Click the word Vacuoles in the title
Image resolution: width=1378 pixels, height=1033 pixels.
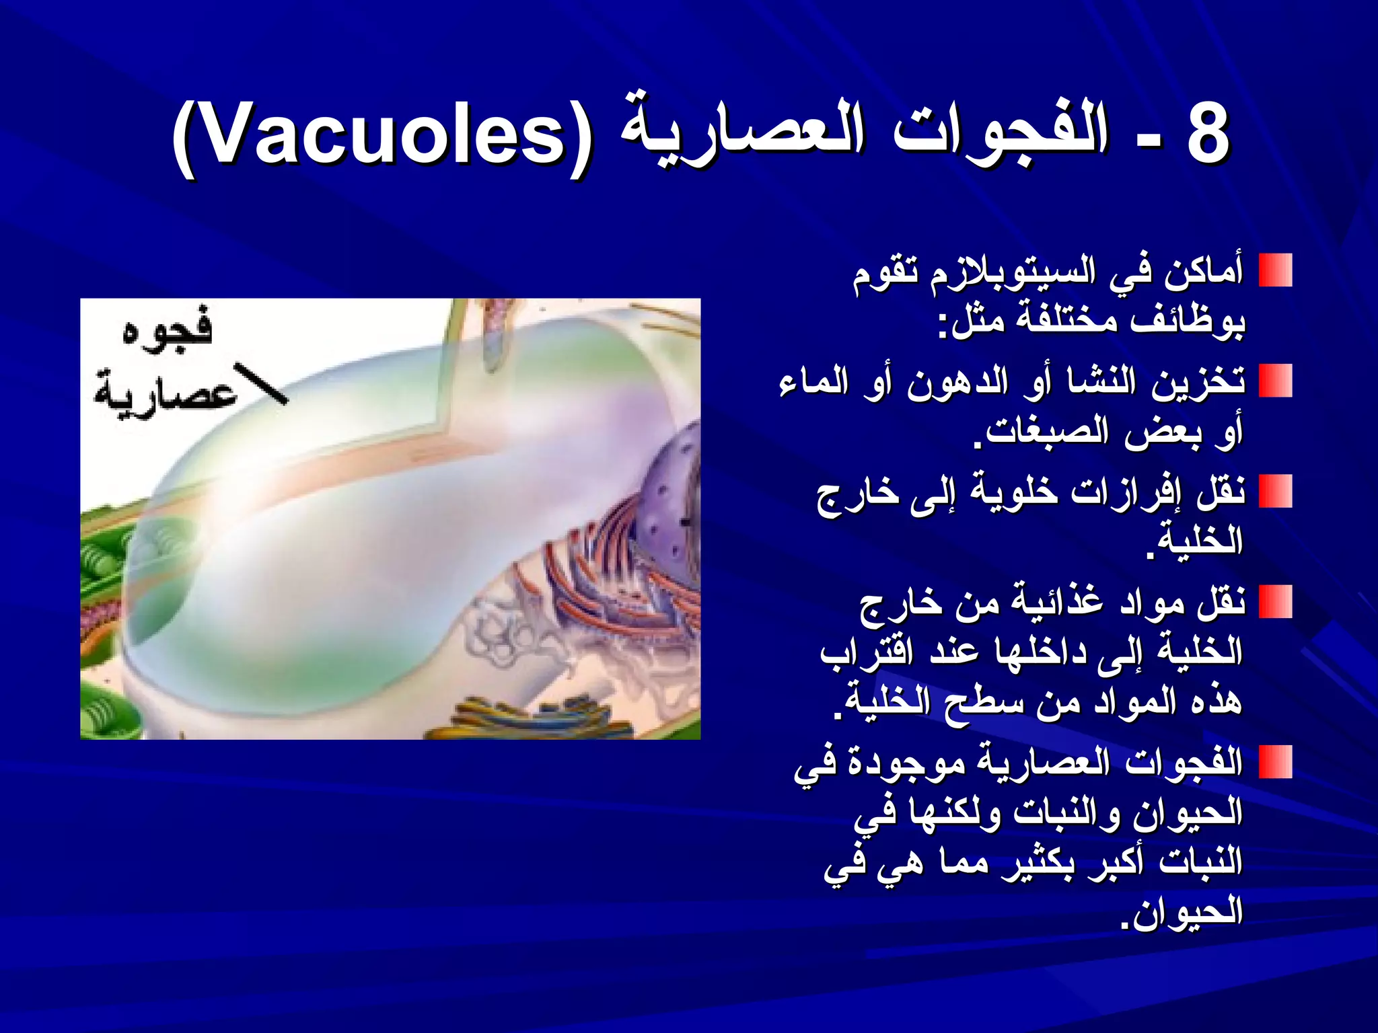click(380, 138)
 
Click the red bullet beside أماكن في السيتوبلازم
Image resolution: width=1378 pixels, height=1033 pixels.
click(1275, 271)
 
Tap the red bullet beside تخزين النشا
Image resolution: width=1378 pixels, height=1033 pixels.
click(1275, 381)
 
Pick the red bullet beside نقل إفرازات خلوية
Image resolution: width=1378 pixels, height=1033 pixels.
click(1275, 492)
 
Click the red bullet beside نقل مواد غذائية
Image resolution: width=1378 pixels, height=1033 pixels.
click(1275, 602)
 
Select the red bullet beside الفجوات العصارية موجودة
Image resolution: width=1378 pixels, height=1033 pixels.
click(1275, 762)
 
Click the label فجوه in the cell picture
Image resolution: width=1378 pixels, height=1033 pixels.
click(168, 330)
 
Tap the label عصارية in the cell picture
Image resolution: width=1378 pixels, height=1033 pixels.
click(165, 390)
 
